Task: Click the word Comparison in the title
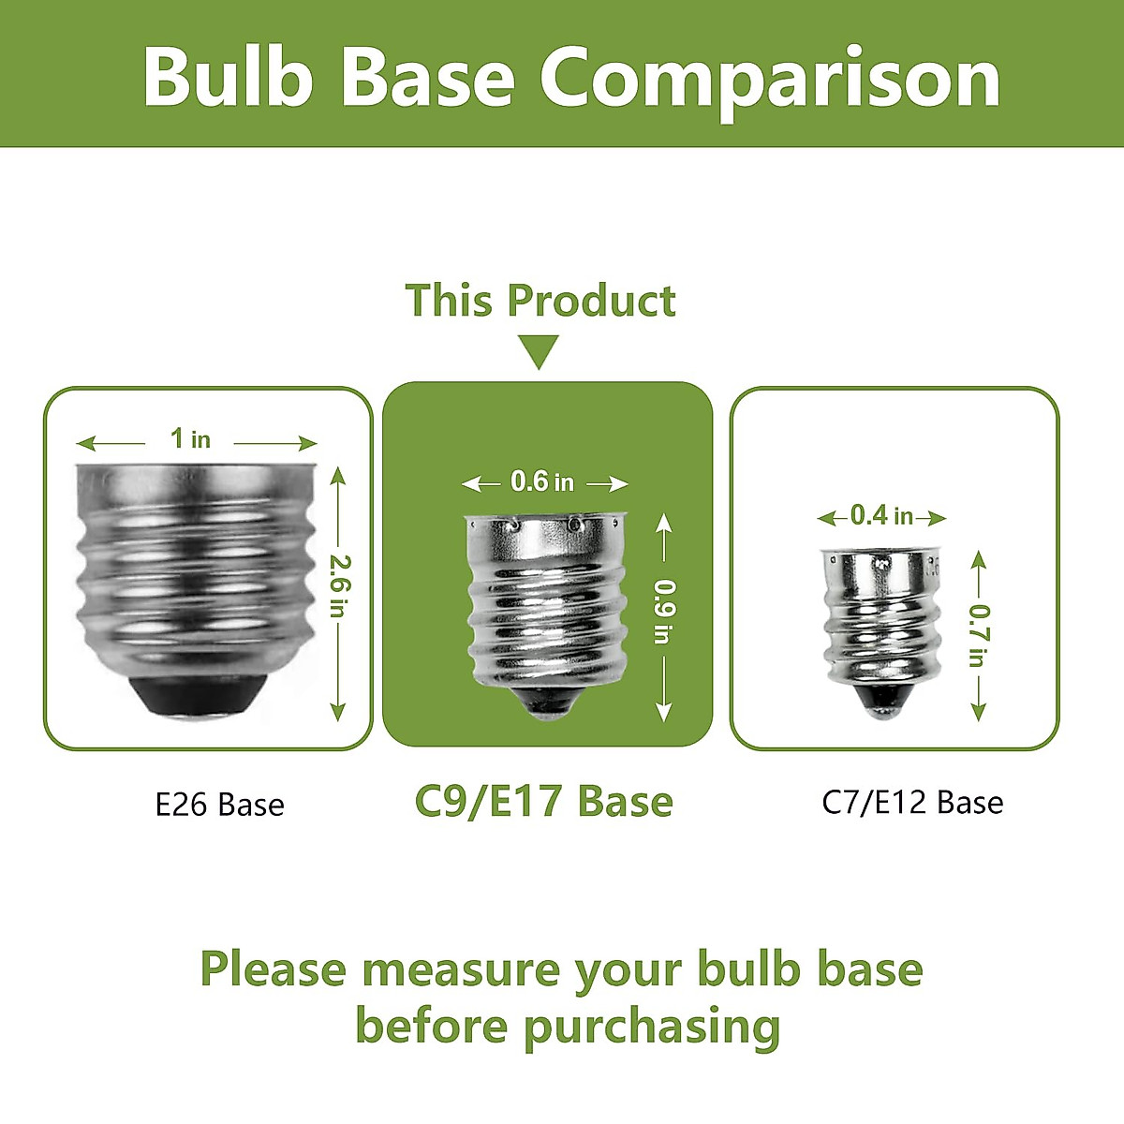point(770,79)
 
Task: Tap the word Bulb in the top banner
point(229,76)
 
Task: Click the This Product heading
point(540,301)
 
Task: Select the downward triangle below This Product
point(540,352)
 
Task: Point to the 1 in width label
point(190,438)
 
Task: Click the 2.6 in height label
point(339,585)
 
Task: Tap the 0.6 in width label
point(542,481)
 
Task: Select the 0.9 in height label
point(664,612)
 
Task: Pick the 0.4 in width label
point(881,515)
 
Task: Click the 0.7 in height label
point(980,636)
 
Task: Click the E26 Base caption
point(220,805)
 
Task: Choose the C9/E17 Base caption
point(543,802)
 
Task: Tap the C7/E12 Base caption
point(913,803)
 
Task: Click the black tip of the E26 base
point(197,696)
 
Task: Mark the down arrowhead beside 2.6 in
point(338,712)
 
